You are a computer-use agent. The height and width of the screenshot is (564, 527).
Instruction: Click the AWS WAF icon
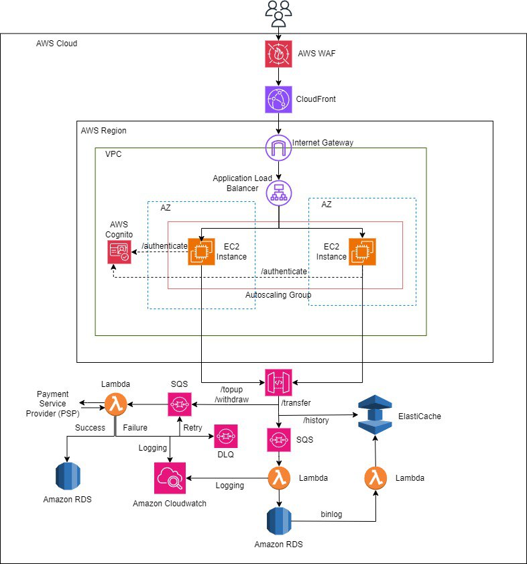point(278,54)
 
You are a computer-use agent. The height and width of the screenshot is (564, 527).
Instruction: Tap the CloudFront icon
point(278,99)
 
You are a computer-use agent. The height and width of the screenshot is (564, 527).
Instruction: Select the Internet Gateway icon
point(278,148)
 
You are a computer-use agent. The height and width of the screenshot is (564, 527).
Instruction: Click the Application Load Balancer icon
point(278,193)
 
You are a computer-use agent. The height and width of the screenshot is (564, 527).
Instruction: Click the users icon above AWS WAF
point(278,13)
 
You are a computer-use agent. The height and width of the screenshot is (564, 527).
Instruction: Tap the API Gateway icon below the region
point(278,382)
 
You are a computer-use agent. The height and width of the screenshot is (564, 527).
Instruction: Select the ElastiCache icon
point(375,416)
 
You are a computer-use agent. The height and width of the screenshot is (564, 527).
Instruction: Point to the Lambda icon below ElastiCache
point(375,478)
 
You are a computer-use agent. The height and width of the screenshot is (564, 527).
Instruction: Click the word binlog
point(331,514)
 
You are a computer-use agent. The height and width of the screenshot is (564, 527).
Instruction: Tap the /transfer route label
point(296,402)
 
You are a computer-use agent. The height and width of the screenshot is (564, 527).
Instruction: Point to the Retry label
point(192,427)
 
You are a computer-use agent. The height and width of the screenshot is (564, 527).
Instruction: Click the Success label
point(90,427)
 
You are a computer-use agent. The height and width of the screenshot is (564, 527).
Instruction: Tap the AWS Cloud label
point(56,44)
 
